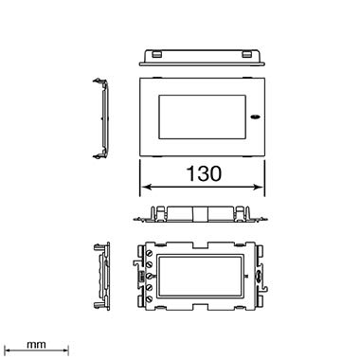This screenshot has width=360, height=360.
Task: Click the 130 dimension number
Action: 204,173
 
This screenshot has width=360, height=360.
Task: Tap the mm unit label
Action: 36,344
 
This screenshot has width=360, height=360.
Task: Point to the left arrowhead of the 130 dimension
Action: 146,187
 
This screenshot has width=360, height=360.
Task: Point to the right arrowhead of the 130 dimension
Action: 258,187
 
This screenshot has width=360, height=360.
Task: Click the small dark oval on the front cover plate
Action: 254,117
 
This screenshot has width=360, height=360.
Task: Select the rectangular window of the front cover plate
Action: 202,117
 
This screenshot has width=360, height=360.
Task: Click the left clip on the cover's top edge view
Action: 156,55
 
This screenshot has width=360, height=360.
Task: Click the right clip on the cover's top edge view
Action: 247,55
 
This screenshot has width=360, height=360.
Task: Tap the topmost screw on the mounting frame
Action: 150,253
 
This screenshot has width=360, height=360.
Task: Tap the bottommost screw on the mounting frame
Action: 150,298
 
